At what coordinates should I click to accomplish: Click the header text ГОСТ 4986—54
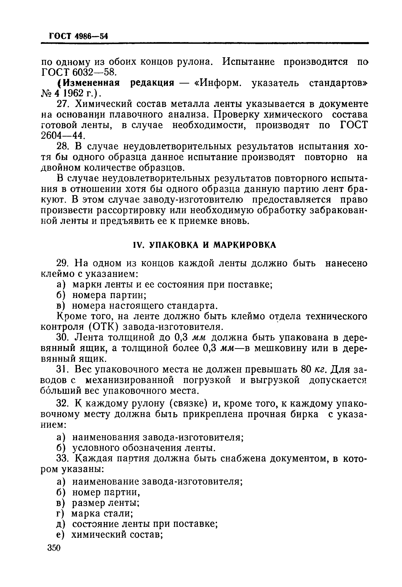coord(78,36)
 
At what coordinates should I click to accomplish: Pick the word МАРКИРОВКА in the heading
coord(245,245)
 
